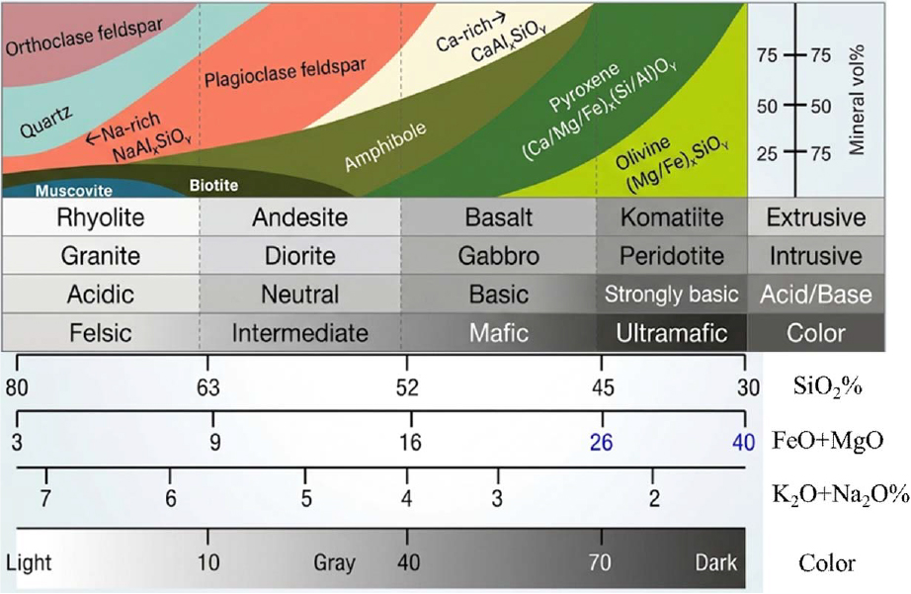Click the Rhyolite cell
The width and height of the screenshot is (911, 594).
tap(101, 217)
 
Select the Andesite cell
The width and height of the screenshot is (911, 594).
tap(299, 217)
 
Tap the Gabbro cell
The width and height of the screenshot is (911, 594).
tap(499, 256)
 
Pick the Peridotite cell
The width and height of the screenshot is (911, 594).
tap(672, 256)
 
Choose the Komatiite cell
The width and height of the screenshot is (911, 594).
tap(672, 217)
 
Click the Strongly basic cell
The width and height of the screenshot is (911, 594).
tap(672, 295)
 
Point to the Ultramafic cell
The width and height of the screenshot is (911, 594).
tap(672, 333)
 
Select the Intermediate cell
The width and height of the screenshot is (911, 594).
tap(299, 333)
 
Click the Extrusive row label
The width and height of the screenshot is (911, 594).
tap(816, 217)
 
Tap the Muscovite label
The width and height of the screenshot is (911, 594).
tap(74, 191)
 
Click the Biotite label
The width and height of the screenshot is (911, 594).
tap(213, 186)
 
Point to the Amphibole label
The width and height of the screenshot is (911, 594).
tap(385, 147)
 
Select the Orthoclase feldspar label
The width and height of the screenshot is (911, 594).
tap(84, 36)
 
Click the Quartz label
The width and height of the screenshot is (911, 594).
tap(45, 122)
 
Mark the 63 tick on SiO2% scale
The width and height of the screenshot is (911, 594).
tap(208, 386)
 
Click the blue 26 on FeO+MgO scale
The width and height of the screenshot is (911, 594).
tap(602, 443)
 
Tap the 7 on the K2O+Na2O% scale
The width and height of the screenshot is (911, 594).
tap(45, 498)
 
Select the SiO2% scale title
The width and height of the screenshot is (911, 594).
tap(827, 386)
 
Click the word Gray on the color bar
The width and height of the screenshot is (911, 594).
tap(334, 562)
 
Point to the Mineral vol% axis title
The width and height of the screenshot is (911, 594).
tap(857, 100)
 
